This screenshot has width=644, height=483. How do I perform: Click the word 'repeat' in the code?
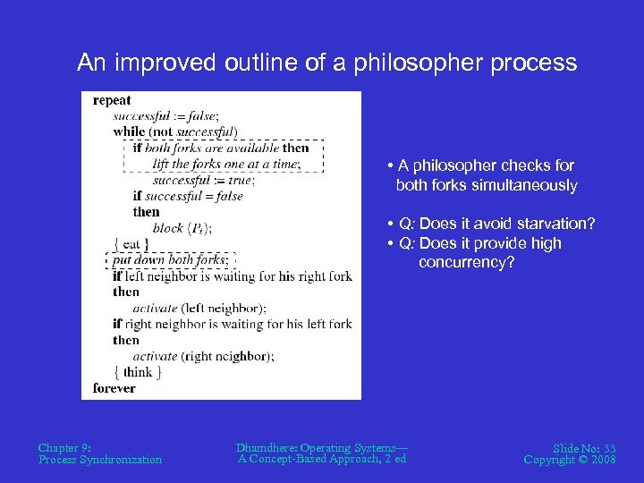tap(112, 101)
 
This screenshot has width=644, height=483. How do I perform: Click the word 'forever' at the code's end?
tap(114, 388)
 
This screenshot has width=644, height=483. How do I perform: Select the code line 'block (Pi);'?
tap(182, 228)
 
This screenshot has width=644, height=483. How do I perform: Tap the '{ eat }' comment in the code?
tap(131, 243)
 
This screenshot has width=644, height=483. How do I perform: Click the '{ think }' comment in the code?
tap(137, 372)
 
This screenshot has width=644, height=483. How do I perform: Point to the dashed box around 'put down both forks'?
tap(170, 260)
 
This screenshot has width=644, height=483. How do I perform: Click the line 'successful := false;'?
tap(165, 116)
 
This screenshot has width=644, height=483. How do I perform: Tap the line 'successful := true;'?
tap(203, 180)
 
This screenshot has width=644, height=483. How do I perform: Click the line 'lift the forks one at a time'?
tap(225, 164)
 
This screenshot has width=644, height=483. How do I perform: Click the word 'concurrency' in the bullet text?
tap(466, 263)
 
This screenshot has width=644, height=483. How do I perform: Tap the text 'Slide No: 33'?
tap(584, 447)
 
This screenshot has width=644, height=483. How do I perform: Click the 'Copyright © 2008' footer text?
tap(570, 460)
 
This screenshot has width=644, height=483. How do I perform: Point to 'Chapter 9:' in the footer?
tap(64, 447)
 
